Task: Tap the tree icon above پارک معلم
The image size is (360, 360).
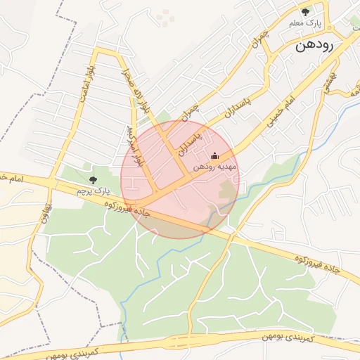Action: [x=304, y=12]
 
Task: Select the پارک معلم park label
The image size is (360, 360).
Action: [x=304, y=23]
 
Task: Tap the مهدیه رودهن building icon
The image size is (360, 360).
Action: [x=214, y=155]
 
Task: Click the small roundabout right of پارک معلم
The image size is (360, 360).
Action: [x=354, y=28]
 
